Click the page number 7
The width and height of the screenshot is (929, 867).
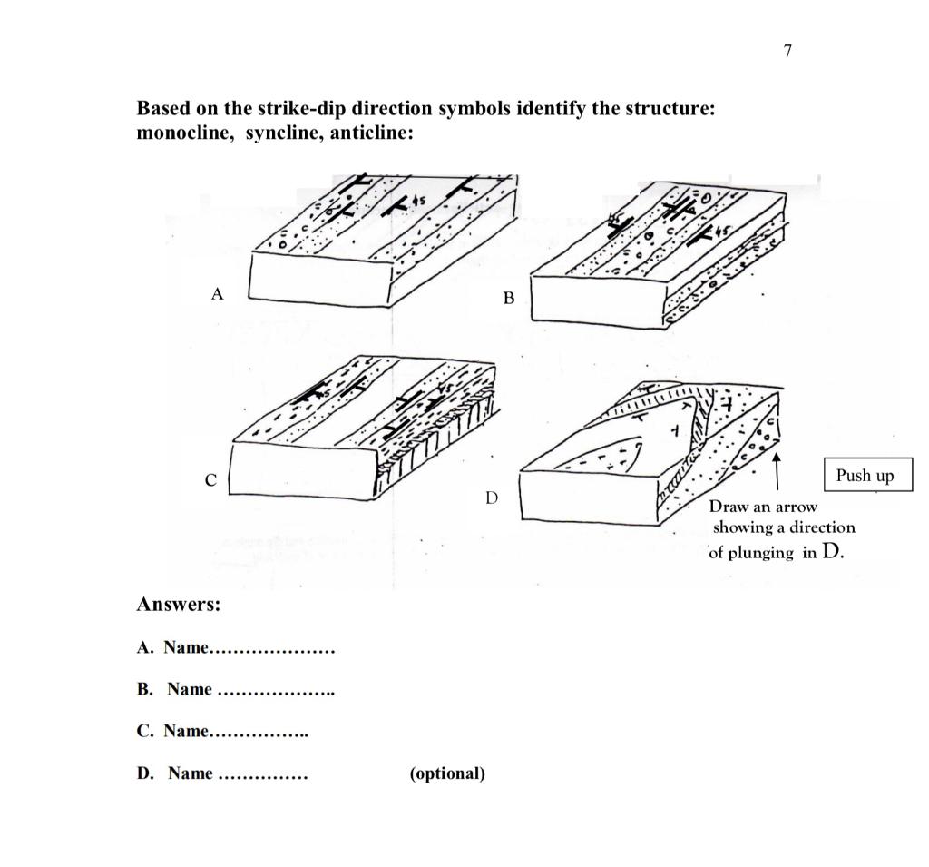[787, 51]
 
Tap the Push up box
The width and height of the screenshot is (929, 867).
[865, 476]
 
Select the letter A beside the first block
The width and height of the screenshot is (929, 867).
[216, 293]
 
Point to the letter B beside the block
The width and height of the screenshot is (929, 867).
[508, 298]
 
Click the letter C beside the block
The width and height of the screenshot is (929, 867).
[210, 480]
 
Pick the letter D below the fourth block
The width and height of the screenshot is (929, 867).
[492, 498]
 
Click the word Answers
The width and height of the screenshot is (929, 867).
[179, 605]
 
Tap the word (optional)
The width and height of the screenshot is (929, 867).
[447, 773]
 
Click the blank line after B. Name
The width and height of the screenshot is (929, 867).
[277, 692]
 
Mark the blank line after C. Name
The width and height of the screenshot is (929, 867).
[259, 733]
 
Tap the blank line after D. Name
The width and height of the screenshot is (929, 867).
[263, 775]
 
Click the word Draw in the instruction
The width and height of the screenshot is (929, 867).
[728, 506]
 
